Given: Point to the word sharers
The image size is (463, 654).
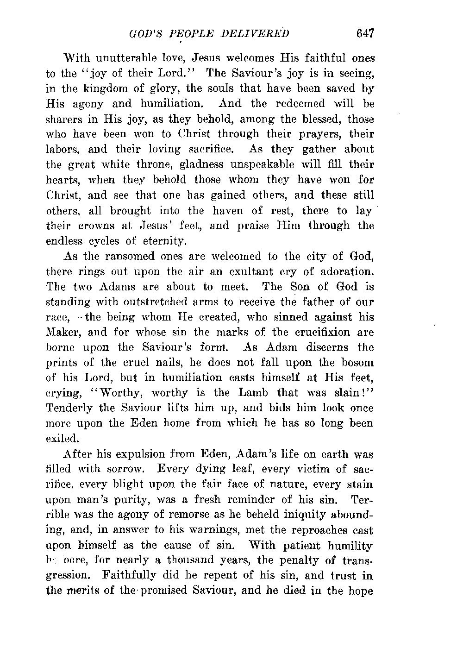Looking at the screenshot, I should click(x=65, y=119).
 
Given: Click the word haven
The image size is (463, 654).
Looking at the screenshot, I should click(x=227, y=211).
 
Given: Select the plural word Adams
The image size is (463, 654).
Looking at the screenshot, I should click(x=116, y=287).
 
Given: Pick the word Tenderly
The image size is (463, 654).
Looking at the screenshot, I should click(x=70, y=409).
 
